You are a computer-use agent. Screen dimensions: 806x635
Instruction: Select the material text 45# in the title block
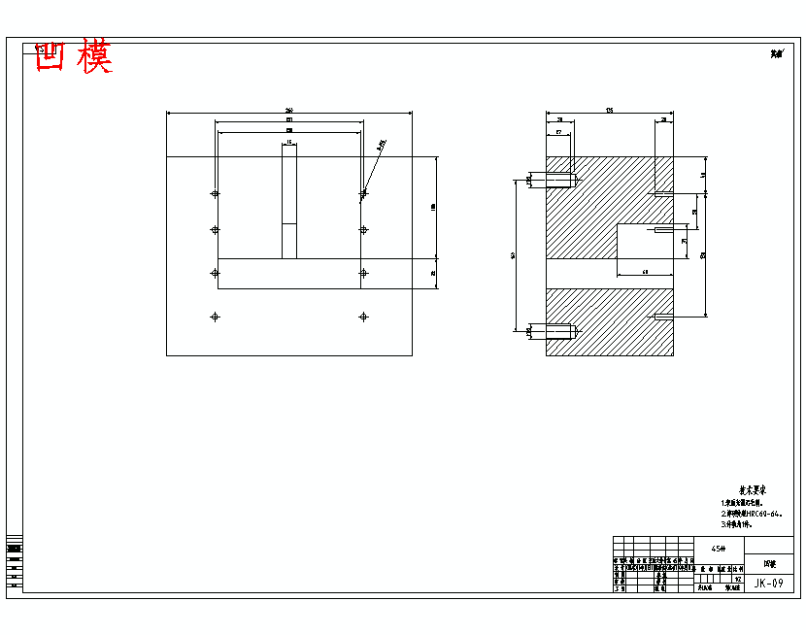(x=719, y=548)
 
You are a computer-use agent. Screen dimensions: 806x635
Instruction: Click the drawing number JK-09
(x=768, y=583)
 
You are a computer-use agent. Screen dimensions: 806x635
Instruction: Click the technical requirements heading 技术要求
(x=752, y=491)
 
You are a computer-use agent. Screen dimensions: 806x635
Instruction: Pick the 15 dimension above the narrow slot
(x=288, y=143)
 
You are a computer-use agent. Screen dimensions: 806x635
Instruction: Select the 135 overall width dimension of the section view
(x=609, y=110)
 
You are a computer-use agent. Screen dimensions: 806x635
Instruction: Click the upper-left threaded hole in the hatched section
(x=561, y=181)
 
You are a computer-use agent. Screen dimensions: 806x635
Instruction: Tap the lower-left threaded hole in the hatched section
(x=561, y=331)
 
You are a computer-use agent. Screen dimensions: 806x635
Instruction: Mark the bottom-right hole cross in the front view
(x=363, y=317)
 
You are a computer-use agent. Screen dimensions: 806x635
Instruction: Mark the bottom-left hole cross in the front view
(x=215, y=317)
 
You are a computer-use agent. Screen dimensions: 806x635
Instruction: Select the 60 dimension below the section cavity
(x=645, y=273)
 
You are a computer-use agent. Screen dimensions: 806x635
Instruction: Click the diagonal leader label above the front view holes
(x=381, y=145)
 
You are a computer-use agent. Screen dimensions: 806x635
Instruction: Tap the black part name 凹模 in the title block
(x=769, y=563)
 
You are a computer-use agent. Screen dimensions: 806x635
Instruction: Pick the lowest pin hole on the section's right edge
(x=659, y=317)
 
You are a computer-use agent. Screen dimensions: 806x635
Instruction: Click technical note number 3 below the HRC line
(x=744, y=524)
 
